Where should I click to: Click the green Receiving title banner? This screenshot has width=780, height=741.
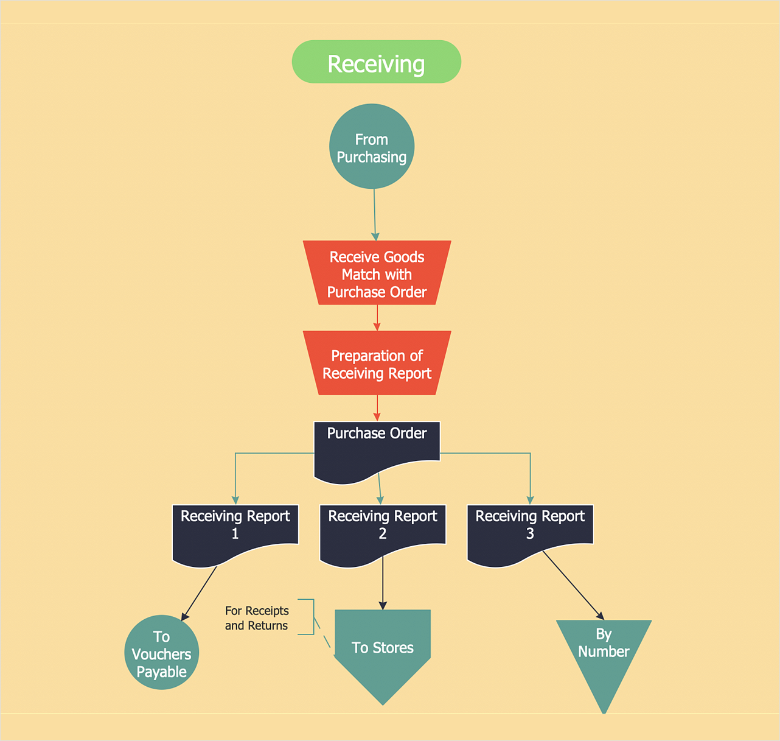(x=376, y=62)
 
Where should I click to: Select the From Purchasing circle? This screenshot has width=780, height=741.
(x=372, y=147)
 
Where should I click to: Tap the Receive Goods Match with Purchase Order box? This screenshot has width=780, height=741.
(x=377, y=273)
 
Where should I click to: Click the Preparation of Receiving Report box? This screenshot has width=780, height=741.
(x=377, y=363)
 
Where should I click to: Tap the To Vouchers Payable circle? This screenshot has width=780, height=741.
(x=161, y=653)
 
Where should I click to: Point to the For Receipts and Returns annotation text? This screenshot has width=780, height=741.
(x=257, y=618)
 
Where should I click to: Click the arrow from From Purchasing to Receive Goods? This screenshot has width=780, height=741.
(x=375, y=213)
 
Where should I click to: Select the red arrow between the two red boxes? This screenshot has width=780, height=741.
(x=377, y=317)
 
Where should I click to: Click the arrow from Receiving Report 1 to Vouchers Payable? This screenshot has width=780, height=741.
(x=200, y=593)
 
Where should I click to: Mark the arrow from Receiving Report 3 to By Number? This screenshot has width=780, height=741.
(x=572, y=585)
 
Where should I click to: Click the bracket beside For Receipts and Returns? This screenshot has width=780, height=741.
(x=313, y=617)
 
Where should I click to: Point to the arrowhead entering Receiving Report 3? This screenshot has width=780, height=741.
(x=530, y=500)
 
